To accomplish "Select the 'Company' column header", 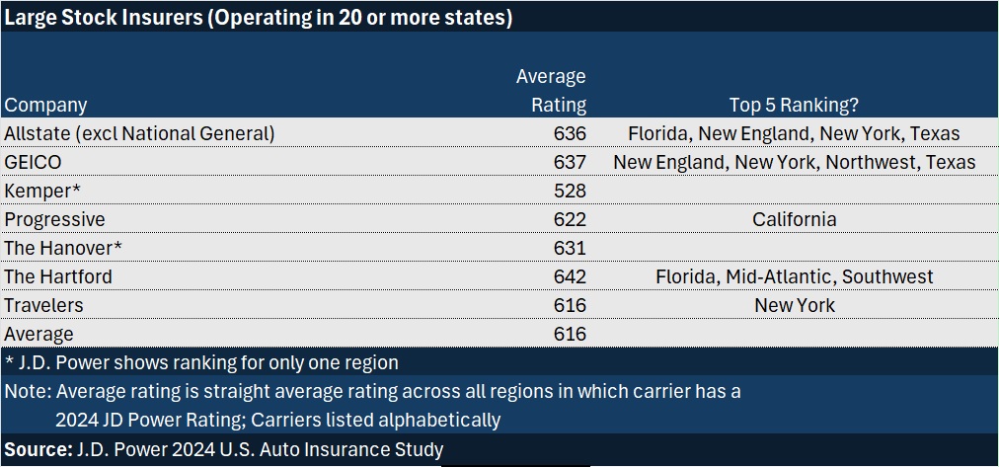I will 45,105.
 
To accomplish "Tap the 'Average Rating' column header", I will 551,90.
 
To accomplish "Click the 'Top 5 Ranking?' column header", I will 794,105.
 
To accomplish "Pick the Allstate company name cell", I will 139,133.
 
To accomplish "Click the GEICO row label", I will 33,162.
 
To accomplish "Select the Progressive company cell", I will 54,219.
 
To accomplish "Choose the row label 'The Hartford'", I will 58,276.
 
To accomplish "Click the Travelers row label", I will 43,305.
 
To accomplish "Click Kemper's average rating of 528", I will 570,191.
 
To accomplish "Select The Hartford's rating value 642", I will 570,276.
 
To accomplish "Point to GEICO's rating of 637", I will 570,162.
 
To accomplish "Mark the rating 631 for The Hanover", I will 570,248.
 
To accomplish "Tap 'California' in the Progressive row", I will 794,219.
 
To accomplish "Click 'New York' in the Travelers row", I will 794,305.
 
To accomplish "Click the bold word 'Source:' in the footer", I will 37,449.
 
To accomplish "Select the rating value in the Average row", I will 570,334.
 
